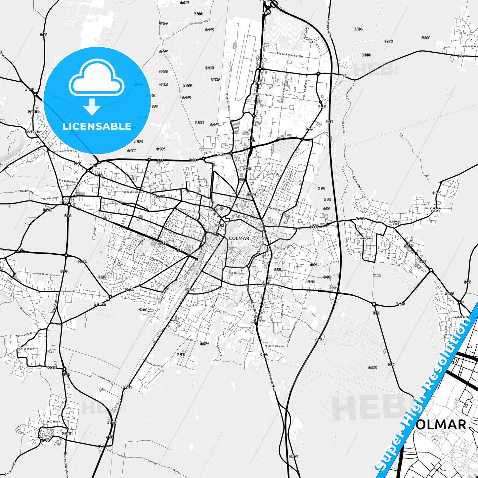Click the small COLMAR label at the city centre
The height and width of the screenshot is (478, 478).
(239, 238)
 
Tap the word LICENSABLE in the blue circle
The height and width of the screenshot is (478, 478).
(97, 126)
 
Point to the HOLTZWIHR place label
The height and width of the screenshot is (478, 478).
(470, 47)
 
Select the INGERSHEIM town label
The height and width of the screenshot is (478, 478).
(32, 132)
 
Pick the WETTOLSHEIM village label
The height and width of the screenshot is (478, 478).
(26, 349)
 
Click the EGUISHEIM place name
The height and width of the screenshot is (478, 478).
(54, 422)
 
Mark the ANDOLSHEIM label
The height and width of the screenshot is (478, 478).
(462, 317)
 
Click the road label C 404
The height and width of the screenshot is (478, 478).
(358, 29)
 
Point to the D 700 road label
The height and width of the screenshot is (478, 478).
(48, 210)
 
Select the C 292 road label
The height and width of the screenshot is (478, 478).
(372, 368)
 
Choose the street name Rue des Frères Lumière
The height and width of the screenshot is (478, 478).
(290, 55)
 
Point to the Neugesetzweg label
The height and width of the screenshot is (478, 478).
(47, 274)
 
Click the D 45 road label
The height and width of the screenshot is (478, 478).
(467, 282)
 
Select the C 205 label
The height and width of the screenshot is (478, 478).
(184, 3)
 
